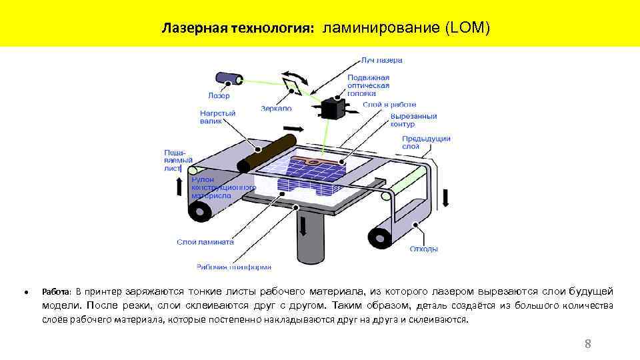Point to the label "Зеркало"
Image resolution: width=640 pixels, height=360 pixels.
(276, 108)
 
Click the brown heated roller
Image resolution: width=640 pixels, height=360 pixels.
(264, 152)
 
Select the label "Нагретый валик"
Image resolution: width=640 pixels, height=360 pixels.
(217, 117)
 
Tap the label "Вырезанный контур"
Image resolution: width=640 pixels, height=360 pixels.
(413, 120)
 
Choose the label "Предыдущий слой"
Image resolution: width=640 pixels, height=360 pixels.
(426, 142)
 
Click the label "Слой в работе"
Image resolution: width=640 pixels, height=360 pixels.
(389, 105)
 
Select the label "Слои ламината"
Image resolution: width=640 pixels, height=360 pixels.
(205, 242)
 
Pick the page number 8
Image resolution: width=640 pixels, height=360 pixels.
(587, 344)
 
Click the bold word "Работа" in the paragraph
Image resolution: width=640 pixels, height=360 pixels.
(56, 291)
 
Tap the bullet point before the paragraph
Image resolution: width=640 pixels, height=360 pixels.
(25, 292)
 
